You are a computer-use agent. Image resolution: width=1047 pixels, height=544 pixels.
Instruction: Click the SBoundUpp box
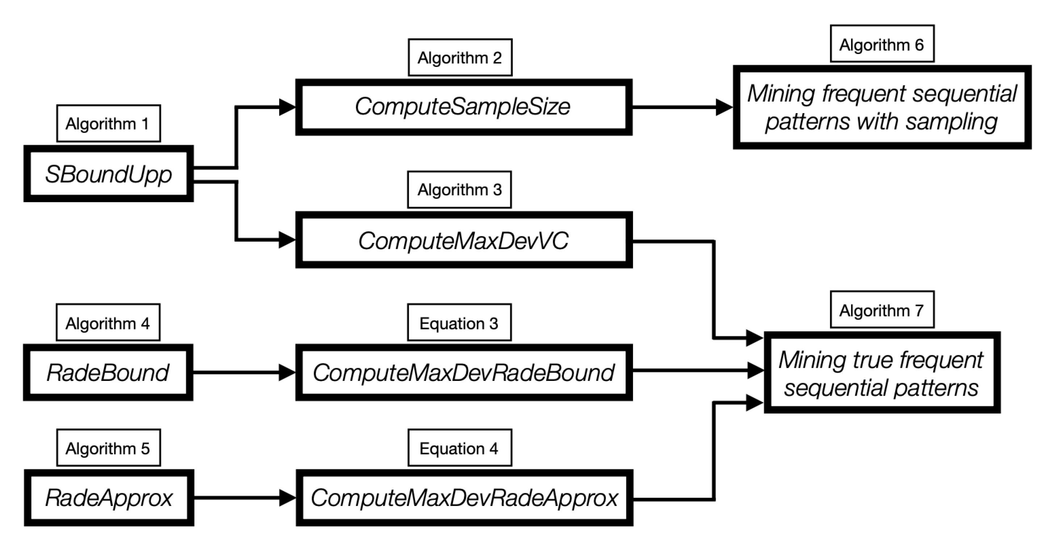coord(108,174)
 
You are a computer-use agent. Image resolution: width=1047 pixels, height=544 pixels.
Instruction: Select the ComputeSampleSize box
coord(463,107)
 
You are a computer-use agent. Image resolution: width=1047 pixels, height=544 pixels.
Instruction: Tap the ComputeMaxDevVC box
coord(463,240)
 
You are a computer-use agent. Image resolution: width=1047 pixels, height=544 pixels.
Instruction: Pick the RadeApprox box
coord(109,498)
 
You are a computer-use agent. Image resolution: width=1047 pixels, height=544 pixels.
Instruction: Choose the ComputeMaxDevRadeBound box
coord(463,373)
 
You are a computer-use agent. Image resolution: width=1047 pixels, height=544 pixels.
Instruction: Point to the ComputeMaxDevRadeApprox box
coord(464,498)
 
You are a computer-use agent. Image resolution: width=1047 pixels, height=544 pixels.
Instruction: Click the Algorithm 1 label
coord(108,123)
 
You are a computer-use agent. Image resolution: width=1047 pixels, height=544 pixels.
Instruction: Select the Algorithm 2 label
coord(460,57)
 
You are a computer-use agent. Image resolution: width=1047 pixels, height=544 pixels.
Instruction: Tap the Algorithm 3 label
coord(459,189)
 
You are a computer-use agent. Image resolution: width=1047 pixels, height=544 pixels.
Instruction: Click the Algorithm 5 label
coord(108,448)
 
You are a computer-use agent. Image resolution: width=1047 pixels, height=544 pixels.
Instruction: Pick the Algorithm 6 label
coord(881,44)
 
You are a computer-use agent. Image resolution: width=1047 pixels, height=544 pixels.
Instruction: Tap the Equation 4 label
coord(459,448)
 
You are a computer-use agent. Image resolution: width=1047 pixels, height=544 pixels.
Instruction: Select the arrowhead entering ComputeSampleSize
coord(287,107)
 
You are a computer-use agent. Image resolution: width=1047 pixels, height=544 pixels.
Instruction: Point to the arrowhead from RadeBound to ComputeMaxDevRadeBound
coord(287,373)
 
